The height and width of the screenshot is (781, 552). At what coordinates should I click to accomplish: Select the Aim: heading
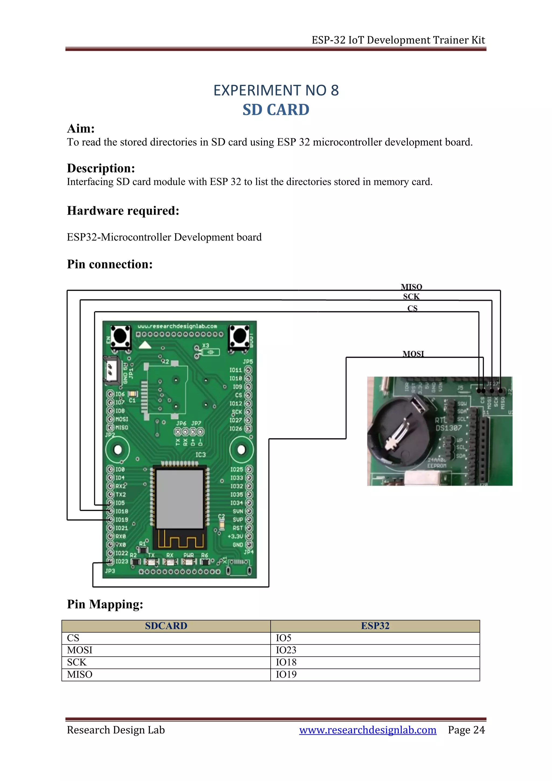[81, 129]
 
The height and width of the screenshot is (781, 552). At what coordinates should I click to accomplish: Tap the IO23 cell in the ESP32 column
[286, 650]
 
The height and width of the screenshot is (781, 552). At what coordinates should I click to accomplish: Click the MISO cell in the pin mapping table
[80, 674]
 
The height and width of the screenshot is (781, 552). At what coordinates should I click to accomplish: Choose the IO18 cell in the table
[286, 662]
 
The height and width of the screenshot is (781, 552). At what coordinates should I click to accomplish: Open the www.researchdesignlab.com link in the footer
[367, 730]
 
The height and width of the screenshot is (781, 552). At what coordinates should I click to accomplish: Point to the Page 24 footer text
[466, 730]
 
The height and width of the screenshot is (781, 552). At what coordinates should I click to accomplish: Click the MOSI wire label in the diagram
[413, 354]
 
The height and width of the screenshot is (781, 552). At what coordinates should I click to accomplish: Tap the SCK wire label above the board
[411, 297]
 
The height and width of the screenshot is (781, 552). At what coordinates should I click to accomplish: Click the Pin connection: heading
[109, 264]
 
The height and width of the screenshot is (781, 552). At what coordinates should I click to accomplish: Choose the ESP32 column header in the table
[375, 626]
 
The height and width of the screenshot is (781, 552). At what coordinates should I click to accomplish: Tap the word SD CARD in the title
[276, 110]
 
